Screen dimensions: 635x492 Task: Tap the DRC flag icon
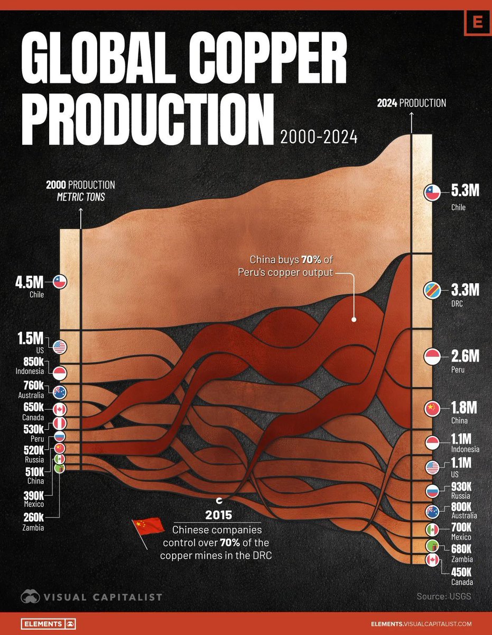coord(432,291)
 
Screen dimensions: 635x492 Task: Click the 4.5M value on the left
coord(33,280)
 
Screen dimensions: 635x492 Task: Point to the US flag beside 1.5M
coord(59,347)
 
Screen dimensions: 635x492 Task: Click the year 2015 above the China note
coord(219,514)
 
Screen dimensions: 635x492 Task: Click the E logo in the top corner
coord(478,23)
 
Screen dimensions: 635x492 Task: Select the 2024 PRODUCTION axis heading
coord(411,103)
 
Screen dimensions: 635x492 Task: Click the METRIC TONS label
coord(80,197)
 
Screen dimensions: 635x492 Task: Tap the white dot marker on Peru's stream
coord(354,320)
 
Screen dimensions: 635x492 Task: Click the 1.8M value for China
coord(464,407)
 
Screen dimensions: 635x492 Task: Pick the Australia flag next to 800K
coord(432,511)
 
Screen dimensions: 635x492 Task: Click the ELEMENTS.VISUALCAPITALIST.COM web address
coord(421,624)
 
